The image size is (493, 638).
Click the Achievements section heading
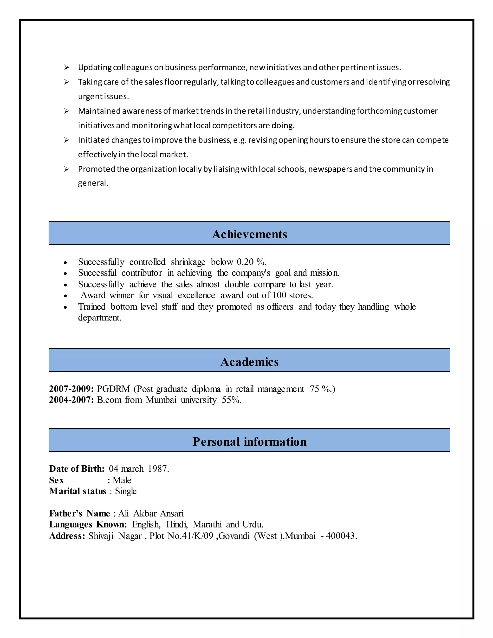pyautogui.click(x=249, y=234)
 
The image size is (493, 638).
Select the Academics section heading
pyautogui.click(x=249, y=362)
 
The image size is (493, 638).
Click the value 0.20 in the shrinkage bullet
pyautogui.click(x=245, y=262)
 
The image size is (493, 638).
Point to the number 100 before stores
pyautogui.click(x=279, y=295)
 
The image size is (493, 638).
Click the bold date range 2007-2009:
pyautogui.click(x=71, y=389)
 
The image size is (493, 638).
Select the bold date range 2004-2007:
pyautogui.click(x=71, y=400)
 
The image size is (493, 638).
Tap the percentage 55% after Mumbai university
pyautogui.click(x=231, y=400)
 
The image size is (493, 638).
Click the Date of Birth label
pyautogui.click(x=77, y=469)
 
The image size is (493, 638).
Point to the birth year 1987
pyautogui.click(x=158, y=469)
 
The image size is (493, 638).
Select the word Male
pyautogui.click(x=122, y=480)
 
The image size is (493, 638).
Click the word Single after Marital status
pyautogui.click(x=126, y=491)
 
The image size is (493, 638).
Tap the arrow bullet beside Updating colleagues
pyautogui.click(x=67, y=67)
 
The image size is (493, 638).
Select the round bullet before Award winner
pyautogui.click(x=65, y=296)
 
